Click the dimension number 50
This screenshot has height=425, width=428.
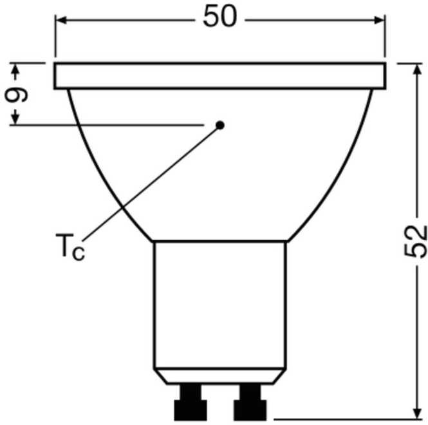(220, 17)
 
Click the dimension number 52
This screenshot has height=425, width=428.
(415, 241)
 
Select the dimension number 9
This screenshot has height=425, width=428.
(16, 95)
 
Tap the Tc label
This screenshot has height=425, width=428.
(70, 247)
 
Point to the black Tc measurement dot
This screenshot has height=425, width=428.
(220, 126)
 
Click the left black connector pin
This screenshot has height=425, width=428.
(191, 402)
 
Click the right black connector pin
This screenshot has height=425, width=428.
(250, 402)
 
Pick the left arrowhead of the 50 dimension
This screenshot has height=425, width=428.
(61, 20)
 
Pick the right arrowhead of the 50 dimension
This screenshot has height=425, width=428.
(380, 20)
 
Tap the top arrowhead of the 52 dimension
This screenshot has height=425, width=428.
(417, 70)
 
